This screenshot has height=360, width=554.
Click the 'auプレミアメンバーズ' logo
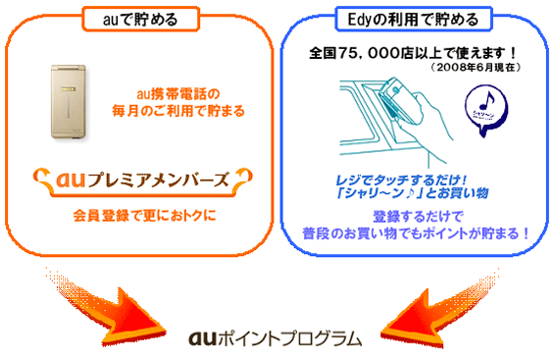138,180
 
